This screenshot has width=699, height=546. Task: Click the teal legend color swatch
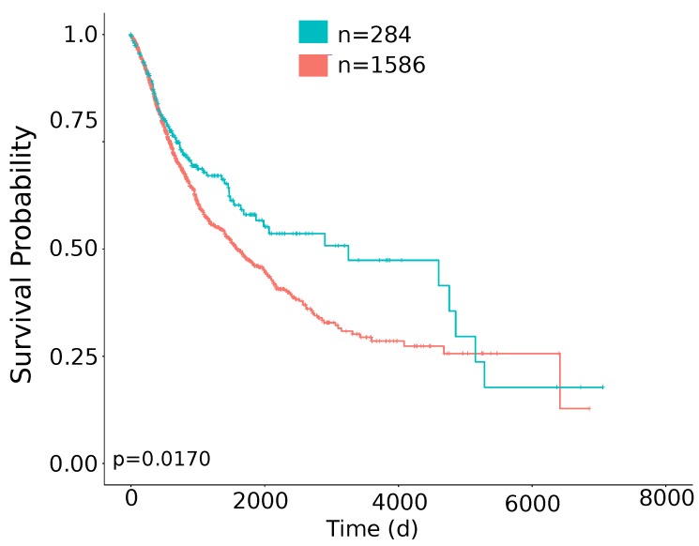click(313, 32)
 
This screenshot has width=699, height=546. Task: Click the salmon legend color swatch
click(313, 65)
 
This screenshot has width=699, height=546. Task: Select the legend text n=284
click(374, 35)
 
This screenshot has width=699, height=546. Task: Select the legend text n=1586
click(382, 66)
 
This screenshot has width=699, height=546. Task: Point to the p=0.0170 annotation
click(161, 460)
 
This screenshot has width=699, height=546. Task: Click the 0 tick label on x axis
click(130, 498)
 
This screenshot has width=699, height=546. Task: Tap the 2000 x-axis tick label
click(265, 498)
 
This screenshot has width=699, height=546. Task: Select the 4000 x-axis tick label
click(399, 498)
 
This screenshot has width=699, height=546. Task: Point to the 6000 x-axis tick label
click(532, 498)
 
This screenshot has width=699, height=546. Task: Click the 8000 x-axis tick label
click(665, 498)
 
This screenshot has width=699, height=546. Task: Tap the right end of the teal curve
click(602, 387)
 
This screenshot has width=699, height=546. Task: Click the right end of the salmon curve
click(589, 408)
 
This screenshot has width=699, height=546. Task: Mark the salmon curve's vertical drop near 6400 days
click(559, 380)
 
